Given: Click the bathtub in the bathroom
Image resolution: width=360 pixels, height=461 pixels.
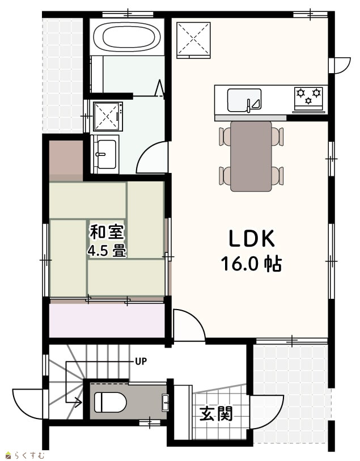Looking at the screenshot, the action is pyautogui.click(x=127, y=37).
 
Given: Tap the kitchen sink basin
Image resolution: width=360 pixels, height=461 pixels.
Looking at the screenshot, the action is pyautogui.click(x=244, y=100).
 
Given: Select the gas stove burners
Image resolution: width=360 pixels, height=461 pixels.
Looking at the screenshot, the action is pyautogui.click(x=308, y=96).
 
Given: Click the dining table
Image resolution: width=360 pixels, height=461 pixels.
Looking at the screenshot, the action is pyautogui.click(x=251, y=156).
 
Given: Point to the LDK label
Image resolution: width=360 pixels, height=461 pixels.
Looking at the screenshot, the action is pyautogui.click(x=252, y=238).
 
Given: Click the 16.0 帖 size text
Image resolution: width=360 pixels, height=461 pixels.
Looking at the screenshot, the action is pyautogui.click(x=252, y=263).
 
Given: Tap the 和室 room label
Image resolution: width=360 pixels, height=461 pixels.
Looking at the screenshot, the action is pyautogui.click(x=107, y=232).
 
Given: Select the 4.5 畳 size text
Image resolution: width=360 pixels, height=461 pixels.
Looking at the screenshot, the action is pyautogui.click(x=107, y=251).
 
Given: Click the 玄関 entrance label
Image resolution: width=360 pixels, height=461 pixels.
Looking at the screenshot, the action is pyautogui.click(x=216, y=414).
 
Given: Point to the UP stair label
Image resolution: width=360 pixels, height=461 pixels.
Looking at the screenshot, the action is pyautogui.click(x=141, y=361).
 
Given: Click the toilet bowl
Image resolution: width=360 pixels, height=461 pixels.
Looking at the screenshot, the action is pyautogui.click(x=110, y=403).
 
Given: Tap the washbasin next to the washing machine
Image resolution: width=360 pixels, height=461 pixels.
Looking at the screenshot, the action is pyautogui.click(x=106, y=154).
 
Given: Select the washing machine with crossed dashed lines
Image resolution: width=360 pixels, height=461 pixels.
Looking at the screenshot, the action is pyautogui.click(x=108, y=116).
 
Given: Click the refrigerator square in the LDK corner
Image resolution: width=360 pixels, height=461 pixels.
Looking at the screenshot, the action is pyautogui.click(x=194, y=40).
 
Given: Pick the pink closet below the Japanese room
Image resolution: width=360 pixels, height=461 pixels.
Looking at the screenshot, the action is pyautogui.click(x=107, y=321).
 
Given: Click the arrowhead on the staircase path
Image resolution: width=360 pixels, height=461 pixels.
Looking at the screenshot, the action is pyautogui.click(x=79, y=402).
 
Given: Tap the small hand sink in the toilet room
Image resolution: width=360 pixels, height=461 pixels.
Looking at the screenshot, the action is pyautogui.click(x=166, y=402).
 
